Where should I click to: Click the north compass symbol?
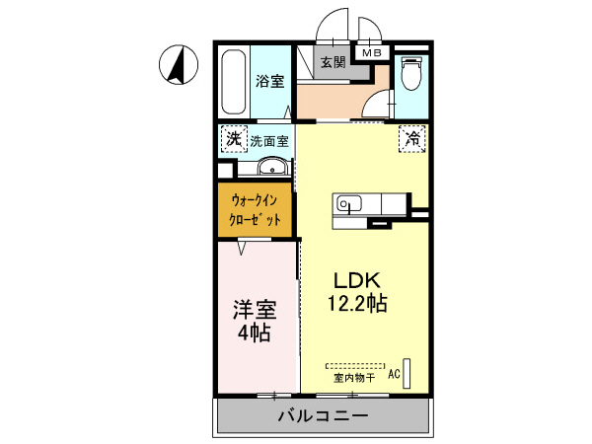coord(179,64)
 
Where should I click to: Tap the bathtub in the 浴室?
coord(234,82)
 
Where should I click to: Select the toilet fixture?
coord(411,73)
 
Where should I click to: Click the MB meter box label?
coord(372,53)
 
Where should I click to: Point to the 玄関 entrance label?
coord(333,62)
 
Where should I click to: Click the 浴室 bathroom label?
coord(270,81)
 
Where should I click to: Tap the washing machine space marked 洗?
coord(234,139)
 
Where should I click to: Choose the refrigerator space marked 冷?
coord(412,139)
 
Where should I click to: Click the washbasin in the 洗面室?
coord(272,166)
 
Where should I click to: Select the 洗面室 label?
coord(269,141)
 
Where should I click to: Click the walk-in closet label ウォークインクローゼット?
coord(256,210)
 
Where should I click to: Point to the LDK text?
coord(356,280)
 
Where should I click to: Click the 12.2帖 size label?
coord(357,303)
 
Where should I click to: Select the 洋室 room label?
coord(255,310)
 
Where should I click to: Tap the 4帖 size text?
coord(254,333)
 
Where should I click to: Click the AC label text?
coord(394,374)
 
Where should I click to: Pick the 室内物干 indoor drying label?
coord(354,378)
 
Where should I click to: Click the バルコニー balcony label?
coord(324,416)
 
